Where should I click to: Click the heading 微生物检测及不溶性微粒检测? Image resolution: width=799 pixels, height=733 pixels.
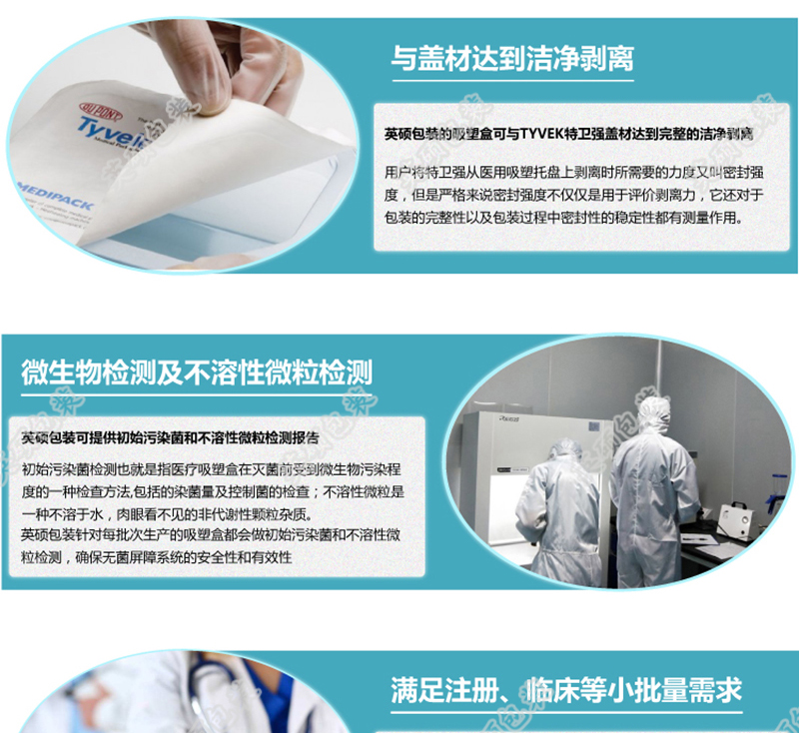pyautogui.click(x=197, y=372)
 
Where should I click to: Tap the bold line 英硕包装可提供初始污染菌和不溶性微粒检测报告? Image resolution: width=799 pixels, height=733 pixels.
pyautogui.click(x=170, y=437)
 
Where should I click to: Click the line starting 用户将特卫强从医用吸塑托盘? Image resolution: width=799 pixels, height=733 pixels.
pyautogui.click(x=567, y=172)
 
